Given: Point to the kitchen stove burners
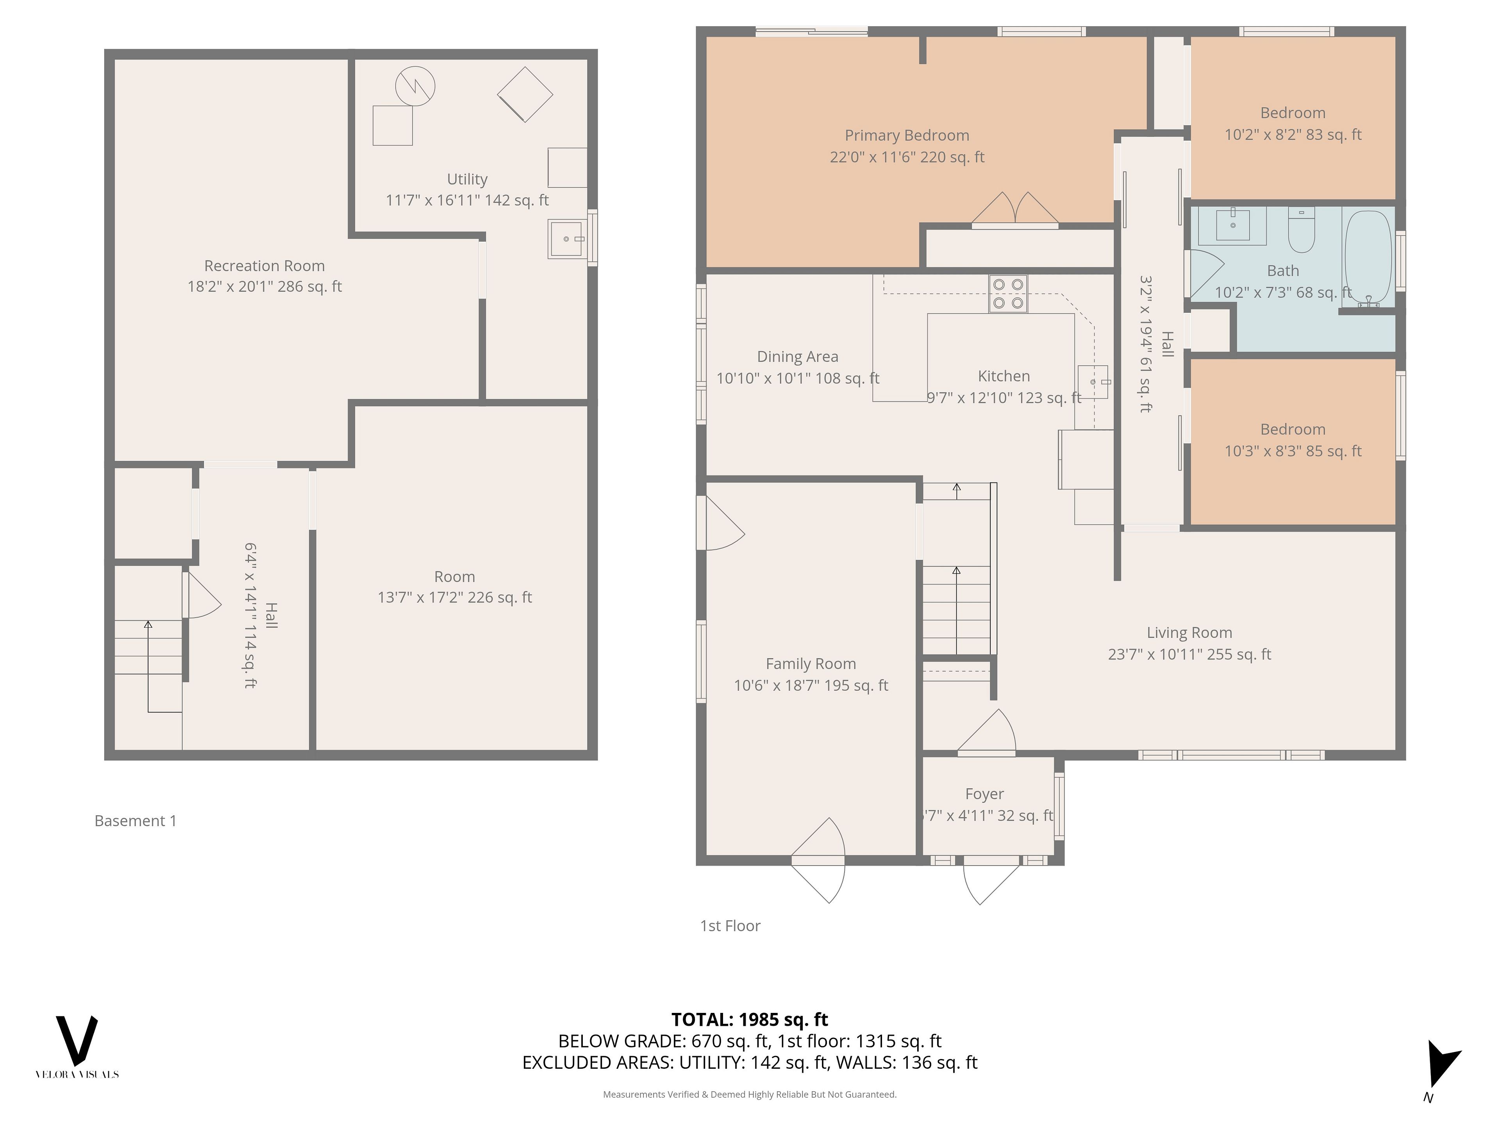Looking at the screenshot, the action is point(1008,294).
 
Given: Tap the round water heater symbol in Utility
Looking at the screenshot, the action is point(415,86).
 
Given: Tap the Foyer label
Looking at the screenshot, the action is point(985,794).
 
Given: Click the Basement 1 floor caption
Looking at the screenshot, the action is point(136,821).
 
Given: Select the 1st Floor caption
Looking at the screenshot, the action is point(730,926).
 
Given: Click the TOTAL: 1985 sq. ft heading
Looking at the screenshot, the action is point(750,1019).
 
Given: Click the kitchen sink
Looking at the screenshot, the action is point(1093,382).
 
